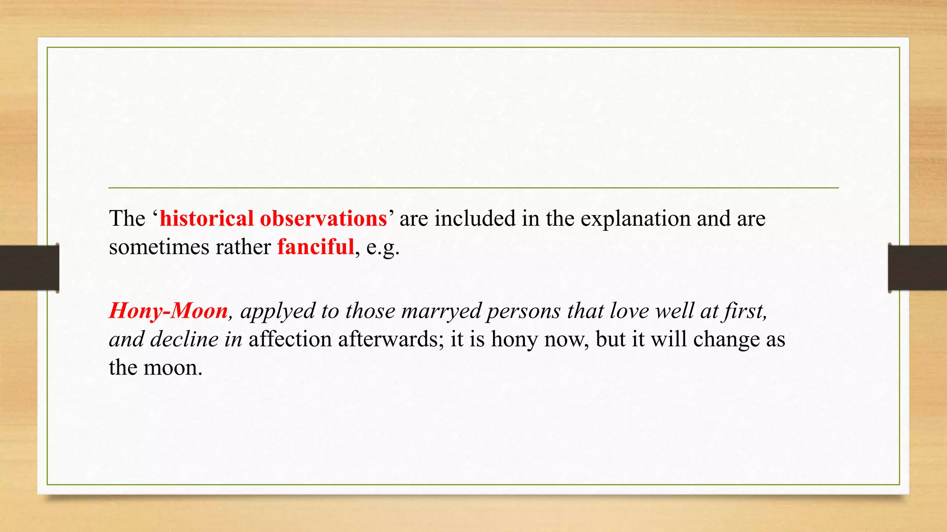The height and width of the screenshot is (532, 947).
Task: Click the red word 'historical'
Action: click(x=206, y=218)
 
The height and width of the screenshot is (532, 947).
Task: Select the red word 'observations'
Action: click(x=323, y=218)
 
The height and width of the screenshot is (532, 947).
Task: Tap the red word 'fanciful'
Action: click(x=315, y=247)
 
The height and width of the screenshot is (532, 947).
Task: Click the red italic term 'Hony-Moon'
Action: click(x=168, y=311)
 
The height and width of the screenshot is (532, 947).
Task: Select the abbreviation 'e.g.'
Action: click(x=383, y=248)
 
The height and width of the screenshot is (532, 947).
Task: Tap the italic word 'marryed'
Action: click(x=441, y=311)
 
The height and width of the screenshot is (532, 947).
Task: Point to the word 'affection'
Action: click(x=290, y=339)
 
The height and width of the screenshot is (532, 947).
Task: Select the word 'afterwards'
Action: click(x=391, y=339)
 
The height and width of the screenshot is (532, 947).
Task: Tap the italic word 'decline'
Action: click(x=184, y=339)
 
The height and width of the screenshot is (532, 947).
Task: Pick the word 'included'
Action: click(x=475, y=218)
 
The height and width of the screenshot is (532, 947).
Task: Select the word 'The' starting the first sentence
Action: click(x=127, y=218)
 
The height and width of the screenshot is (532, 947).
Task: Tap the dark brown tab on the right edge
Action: click(x=917, y=268)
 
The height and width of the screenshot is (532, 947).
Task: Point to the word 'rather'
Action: click(x=243, y=247)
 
